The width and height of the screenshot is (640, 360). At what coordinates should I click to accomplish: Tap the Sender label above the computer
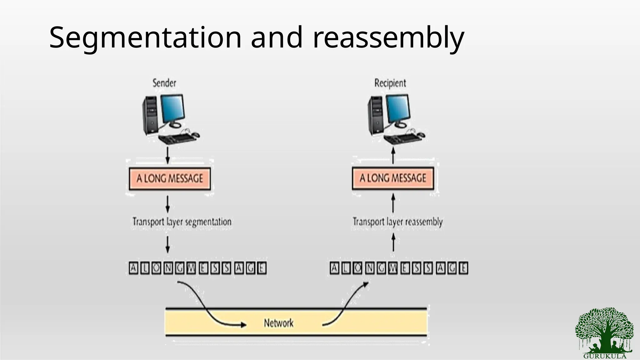pos(164,83)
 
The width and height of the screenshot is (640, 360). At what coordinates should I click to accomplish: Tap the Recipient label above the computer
pos(390,83)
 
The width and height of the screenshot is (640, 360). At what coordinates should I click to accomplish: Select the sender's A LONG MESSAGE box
pos(170,179)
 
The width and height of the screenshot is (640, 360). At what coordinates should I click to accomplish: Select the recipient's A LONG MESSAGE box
pos(393,178)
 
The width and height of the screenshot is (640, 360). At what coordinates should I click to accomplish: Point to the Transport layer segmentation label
pos(182,222)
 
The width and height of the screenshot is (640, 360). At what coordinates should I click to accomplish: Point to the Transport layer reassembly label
pos(397,222)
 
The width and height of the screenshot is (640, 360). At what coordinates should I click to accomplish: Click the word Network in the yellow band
pos(278,323)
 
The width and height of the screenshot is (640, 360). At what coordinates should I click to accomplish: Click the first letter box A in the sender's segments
pos(133,268)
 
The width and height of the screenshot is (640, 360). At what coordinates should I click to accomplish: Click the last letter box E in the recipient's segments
pos(463,268)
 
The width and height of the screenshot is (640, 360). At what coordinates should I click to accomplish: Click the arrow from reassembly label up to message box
pos(393,203)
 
